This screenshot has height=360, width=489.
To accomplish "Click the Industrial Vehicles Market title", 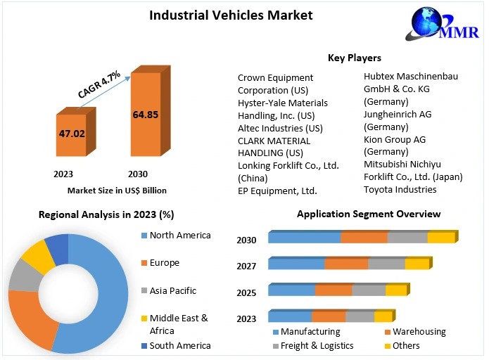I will point(231,15).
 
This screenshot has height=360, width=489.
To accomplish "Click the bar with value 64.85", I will point(146,114).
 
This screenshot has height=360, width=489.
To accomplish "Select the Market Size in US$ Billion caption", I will point(117,190).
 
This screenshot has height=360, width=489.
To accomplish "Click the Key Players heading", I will point(354,58).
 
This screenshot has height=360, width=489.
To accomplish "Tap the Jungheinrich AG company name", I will point(398,114).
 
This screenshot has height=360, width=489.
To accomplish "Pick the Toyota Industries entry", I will point(400,189).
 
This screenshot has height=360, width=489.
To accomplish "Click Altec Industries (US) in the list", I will point(279,128).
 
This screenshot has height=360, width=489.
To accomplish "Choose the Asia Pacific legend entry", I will point(173,290).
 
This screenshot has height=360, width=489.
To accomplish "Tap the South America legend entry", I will point(180,345).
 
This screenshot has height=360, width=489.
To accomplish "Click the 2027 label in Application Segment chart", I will point(246,266).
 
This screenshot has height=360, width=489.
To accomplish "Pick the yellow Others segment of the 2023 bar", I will point(383,316).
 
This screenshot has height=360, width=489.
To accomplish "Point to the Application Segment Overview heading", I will point(368,214).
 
